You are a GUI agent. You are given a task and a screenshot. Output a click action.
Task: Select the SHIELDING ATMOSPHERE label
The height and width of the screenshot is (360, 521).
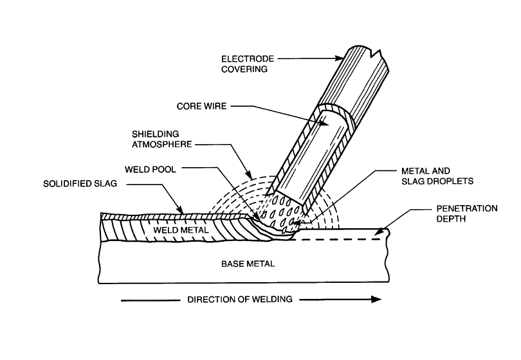click(x=161, y=139)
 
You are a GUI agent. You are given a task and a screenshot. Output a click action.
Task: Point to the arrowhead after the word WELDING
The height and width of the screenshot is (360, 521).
click(x=376, y=299)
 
